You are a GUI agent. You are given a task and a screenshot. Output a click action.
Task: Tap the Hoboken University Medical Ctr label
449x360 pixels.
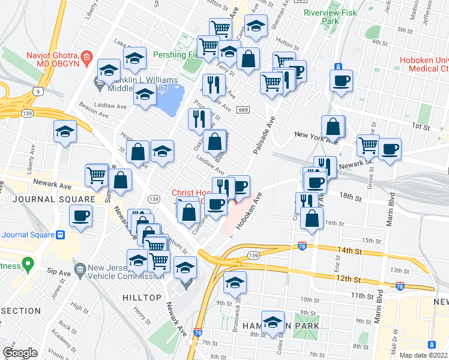(424, 66)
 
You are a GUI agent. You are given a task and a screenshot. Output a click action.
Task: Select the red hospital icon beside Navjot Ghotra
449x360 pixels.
(87, 58)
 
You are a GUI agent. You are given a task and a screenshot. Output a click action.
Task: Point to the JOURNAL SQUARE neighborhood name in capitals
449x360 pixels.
(47, 199)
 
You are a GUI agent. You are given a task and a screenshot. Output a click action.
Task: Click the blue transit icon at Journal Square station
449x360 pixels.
(59, 235)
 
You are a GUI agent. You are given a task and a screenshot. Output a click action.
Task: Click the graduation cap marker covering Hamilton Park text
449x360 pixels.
(273, 322)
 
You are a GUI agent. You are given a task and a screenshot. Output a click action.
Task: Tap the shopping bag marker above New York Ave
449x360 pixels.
(333, 127)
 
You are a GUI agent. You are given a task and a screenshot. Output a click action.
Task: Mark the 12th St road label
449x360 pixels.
(349, 280)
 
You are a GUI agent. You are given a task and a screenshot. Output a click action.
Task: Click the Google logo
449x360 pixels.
(20, 353)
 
